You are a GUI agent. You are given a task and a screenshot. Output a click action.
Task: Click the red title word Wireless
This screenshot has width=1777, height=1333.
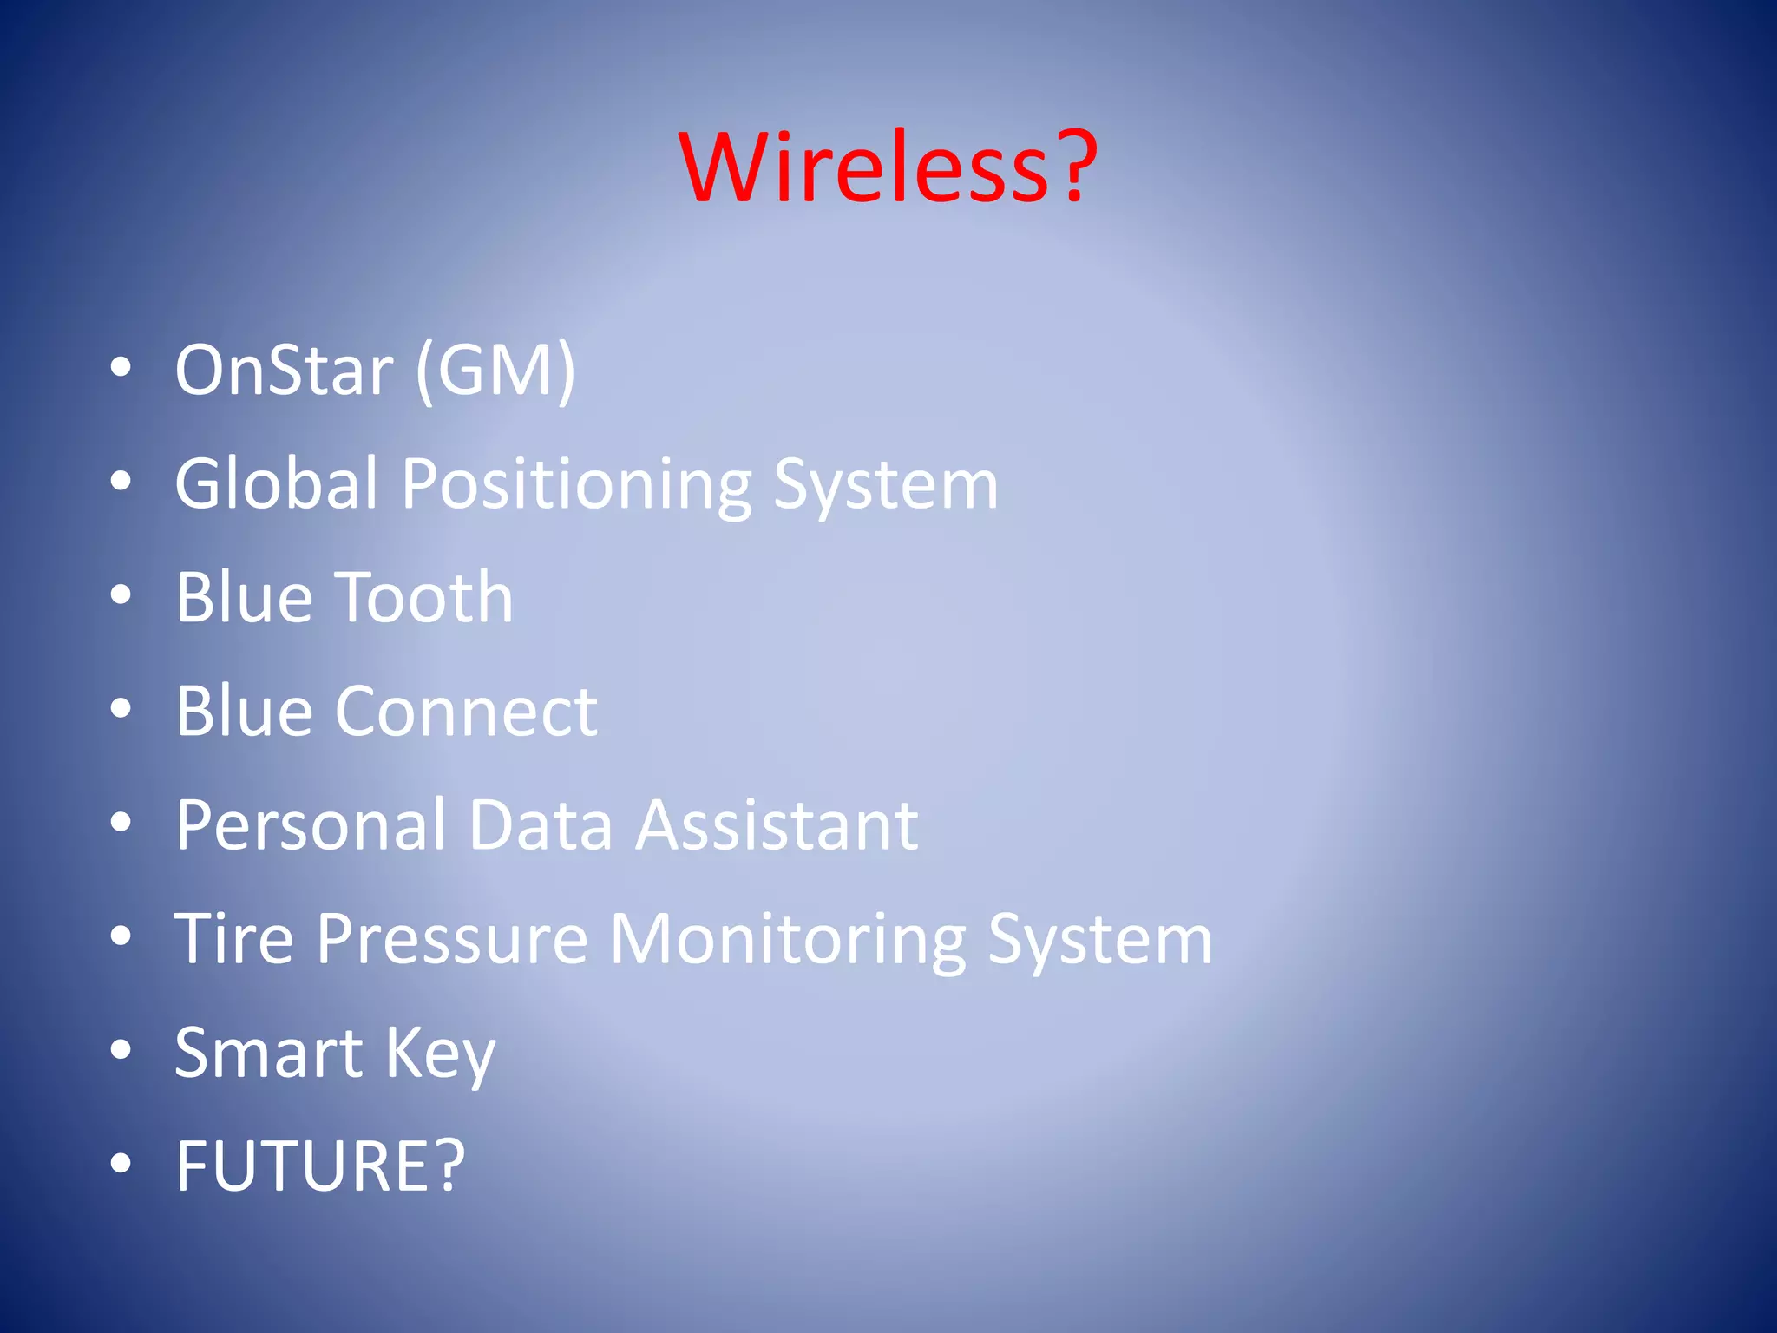[864, 167]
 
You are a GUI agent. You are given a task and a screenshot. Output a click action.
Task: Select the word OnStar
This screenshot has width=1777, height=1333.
[284, 371]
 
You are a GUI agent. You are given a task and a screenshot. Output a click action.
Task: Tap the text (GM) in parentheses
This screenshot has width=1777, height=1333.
[495, 371]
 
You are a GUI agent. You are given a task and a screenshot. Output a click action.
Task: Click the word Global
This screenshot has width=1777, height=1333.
[277, 483]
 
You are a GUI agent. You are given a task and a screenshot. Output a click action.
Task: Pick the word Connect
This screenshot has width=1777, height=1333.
[466, 712]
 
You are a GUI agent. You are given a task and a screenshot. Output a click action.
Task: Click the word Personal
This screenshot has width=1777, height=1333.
[311, 824]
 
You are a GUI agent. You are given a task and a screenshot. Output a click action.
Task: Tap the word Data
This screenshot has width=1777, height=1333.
[541, 824]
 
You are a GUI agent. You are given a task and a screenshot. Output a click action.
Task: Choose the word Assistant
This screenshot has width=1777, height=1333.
[777, 824]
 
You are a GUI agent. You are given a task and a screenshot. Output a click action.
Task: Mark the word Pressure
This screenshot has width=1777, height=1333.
[451, 939]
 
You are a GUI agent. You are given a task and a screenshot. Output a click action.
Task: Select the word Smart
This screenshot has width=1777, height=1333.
[268, 1053]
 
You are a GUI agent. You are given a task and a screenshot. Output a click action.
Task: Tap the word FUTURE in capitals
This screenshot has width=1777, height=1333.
[306, 1166]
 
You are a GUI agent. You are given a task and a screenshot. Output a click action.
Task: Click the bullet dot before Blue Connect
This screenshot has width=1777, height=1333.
[121, 709]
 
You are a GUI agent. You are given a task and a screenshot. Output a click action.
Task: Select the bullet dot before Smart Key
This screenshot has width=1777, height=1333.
[121, 1050]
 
